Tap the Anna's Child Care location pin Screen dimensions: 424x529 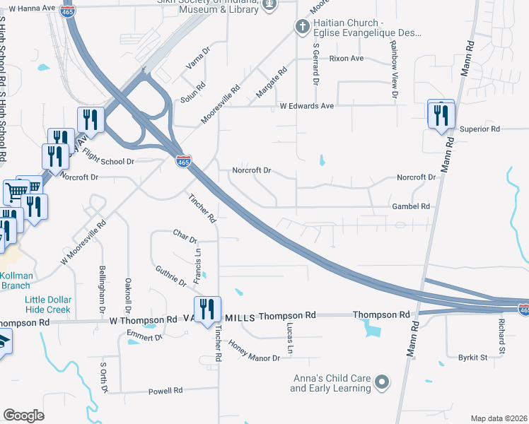[383, 383]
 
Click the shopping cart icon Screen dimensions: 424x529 [16, 192]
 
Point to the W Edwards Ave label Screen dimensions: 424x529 [306, 106]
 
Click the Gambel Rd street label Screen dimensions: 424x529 [411, 206]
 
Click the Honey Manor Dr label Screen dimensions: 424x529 [255, 351]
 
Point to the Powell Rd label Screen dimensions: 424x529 [165, 390]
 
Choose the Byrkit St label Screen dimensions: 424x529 [473, 358]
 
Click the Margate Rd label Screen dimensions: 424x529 [272, 79]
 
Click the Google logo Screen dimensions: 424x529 [23, 416]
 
